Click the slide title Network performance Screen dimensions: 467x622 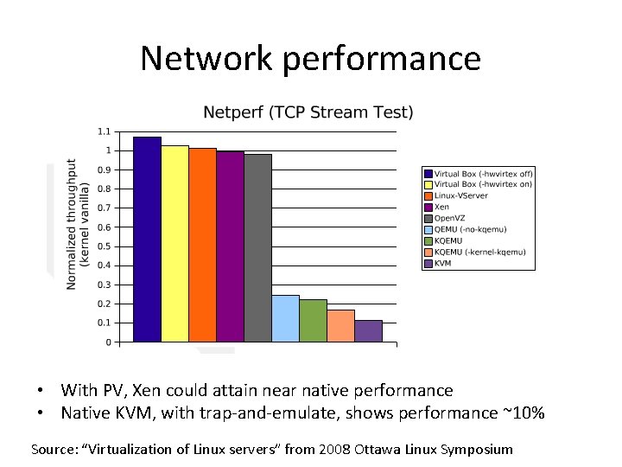pyautogui.click(x=310, y=58)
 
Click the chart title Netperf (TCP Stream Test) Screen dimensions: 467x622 pyautogui.click(x=308, y=112)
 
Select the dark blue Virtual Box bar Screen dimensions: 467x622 pyautogui.click(x=147, y=239)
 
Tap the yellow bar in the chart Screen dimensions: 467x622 pyautogui.click(x=175, y=243)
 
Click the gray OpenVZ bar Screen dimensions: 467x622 pyautogui.click(x=257, y=247)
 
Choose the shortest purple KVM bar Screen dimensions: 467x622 pyautogui.click(x=368, y=330)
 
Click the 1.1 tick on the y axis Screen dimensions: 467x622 pyautogui.click(x=104, y=131)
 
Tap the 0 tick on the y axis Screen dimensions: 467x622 pyautogui.click(x=107, y=342)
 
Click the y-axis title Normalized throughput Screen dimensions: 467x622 pyautogui.click(x=72, y=223)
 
